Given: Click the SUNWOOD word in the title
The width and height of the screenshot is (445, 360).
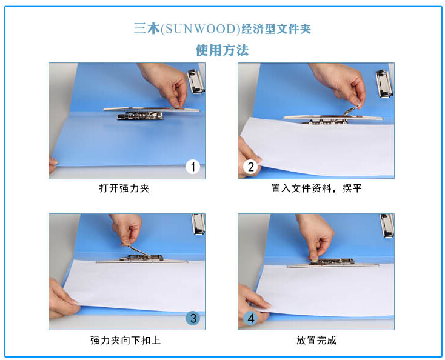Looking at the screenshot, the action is (200, 29).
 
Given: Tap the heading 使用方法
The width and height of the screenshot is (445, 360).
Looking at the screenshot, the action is (222, 50).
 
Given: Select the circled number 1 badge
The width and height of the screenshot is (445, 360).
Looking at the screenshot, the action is (193, 167).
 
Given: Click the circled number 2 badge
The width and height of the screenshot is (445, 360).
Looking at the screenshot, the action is (250, 167).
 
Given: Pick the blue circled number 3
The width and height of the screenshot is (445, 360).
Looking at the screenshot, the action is (193, 318).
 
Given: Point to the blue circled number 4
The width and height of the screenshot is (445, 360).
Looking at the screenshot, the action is (250, 318).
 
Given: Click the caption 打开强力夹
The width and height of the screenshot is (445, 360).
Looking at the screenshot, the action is (124, 188).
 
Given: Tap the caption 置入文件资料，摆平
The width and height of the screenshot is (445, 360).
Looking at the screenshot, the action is (316, 188).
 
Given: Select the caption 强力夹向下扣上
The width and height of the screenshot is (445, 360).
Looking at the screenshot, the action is (125, 340).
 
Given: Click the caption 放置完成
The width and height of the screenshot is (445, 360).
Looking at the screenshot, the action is (316, 340).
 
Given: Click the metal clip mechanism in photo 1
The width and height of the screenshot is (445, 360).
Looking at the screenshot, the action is (141, 116).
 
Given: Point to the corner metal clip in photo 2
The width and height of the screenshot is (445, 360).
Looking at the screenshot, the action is (384, 84).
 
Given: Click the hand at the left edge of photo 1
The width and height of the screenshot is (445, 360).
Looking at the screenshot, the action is (53, 164).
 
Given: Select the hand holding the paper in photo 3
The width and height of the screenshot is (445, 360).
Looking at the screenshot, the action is (62, 298).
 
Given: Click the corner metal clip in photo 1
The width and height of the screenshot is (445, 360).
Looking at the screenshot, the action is (196, 81).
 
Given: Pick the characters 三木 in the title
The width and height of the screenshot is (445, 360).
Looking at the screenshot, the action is (147, 29).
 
